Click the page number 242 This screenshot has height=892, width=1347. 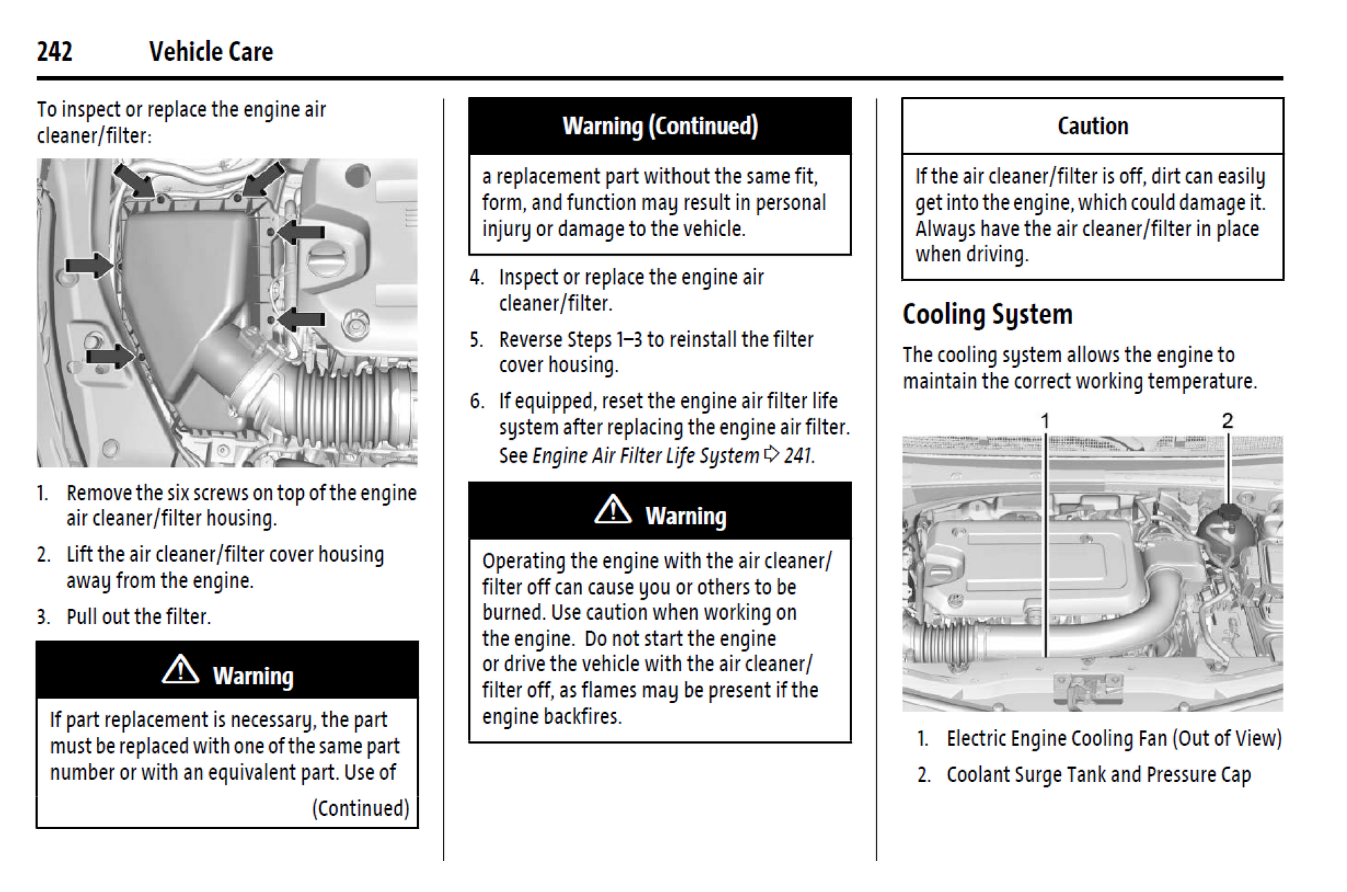point(55,52)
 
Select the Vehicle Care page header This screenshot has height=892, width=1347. point(211,52)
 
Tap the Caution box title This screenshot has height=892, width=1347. point(1093,126)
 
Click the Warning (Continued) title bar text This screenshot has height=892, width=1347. point(660,126)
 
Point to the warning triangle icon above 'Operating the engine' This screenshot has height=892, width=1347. point(613,510)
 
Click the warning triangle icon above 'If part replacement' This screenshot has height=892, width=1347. point(181,669)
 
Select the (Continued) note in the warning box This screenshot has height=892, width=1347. point(361,808)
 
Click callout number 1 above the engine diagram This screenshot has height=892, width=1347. point(1045,421)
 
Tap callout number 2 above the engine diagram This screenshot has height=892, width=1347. point(1227,420)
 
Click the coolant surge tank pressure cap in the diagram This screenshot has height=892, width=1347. point(1227,513)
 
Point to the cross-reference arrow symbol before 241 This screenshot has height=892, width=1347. point(771,454)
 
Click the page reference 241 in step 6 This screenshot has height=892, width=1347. point(798,455)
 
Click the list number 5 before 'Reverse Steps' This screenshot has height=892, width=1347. point(476,339)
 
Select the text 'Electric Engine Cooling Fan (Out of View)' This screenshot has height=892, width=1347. point(1114,739)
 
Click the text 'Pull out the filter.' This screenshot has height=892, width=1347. point(138,616)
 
